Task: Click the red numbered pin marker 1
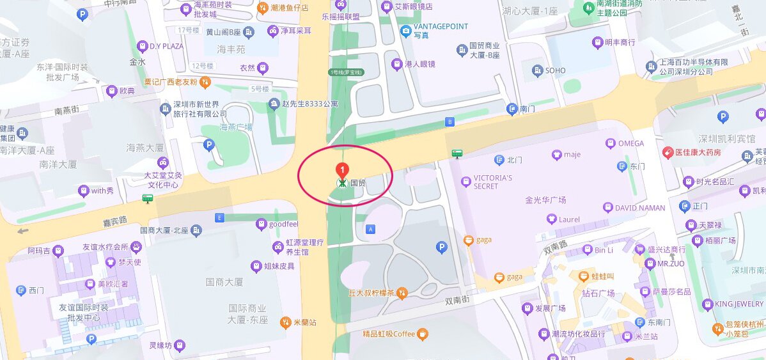pos(343,170)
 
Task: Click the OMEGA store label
pos(630,143)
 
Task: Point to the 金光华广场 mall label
pos(545,200)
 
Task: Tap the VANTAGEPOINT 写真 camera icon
pos(405,31)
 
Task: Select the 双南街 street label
pos(457,299)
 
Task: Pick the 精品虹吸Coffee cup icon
pos(422,334)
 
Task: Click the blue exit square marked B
pos(449,121)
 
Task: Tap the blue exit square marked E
pos(221,217)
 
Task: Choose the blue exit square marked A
pos(370,228)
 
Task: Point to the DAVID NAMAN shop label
pos(639,208)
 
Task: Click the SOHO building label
pos(554,70)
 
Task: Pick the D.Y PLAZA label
pos(166,46)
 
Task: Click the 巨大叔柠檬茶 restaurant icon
pos(402,293)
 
